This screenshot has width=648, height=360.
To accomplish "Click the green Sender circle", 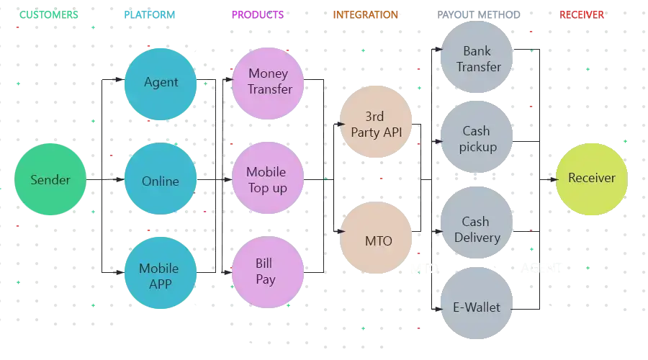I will (50, 180).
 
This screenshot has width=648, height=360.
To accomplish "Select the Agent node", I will (161, 82).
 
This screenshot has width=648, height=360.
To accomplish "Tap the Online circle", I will (161, 181).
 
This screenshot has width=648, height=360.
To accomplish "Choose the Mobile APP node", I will (160, 276).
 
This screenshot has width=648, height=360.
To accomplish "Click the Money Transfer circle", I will (269, 81).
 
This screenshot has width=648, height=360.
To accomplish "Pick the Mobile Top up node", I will (267, 180).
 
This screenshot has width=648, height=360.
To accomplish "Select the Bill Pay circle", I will (266, 271).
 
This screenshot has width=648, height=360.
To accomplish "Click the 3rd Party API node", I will (377, 124).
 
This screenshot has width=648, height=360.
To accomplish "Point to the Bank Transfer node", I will (477, 58).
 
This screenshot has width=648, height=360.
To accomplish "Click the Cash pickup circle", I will (477, 138).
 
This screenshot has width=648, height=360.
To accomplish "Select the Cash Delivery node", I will (476, 229).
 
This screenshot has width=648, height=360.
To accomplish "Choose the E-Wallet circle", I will (477, 307).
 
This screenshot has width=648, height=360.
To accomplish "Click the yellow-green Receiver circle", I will (591, 179).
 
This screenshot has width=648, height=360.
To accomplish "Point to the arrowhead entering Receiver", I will (553, 179).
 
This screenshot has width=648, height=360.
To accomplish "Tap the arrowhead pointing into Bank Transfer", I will (440, 49).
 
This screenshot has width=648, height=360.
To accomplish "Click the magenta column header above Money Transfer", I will (258, 14).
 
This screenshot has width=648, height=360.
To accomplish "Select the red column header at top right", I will (582, 14).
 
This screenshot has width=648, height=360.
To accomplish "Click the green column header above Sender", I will (48, 14).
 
